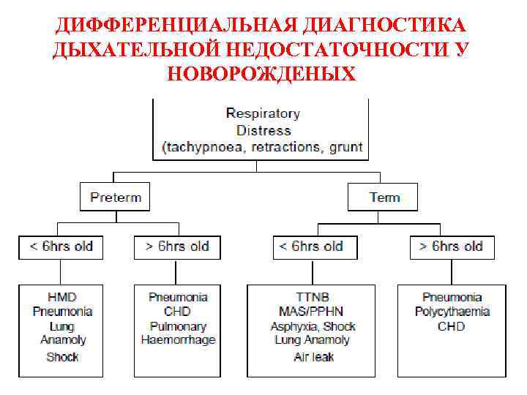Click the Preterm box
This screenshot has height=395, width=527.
pyautogui.click(x=115, y=197)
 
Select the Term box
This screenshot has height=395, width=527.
pyautogui.click(x=384, y=197)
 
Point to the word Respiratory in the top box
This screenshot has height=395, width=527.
pyautogui.click(x=263, y=113)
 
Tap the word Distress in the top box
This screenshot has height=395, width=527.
pyautogui.click(x=263, y=130)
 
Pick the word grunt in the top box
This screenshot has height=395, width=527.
pyautogui.click(x=345, y=147)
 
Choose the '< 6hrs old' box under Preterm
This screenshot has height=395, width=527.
pyautogui.click(x=61, y=247)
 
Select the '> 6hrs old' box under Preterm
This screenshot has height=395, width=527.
pyautogui.click(x=176, y=247)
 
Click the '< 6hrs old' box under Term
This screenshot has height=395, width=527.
pyautogui.click(x=311, y=247)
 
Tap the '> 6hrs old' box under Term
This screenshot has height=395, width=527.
pyautogui.click(x=451, y=247)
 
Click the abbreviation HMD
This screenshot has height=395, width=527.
pyautogui.click(x=62, y=297)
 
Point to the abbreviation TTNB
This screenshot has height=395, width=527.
pyautogui.click(x=313, y=297)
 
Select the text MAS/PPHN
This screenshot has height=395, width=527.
pyautogui.click(x=313, y=312)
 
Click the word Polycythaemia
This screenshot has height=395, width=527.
pyautogui.click(x=451, y=312)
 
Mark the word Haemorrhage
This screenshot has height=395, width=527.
pyautogui.click(x=177, y=339)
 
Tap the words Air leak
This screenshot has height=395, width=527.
pyautogui.click(x=313, y=358)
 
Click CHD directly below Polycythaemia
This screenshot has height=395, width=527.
pyautogui.click(x=451, y=326)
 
